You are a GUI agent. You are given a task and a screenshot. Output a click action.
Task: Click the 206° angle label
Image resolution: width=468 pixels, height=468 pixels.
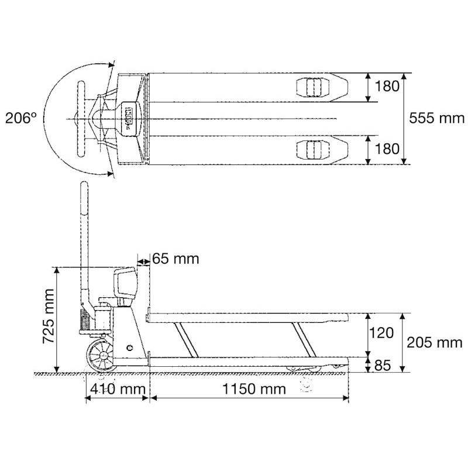click(x=22, y=118)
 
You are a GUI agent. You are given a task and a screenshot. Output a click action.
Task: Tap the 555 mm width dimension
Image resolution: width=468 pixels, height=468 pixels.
click(x=436, y=118)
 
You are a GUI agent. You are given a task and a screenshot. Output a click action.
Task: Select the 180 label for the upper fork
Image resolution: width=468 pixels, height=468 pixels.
click(x=387, y=87)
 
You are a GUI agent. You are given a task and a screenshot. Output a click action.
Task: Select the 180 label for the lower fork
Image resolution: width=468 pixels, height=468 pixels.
click(x=387, y=150)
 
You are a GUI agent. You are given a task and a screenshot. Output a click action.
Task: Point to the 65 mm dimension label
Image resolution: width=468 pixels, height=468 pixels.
click(x=175, y=258)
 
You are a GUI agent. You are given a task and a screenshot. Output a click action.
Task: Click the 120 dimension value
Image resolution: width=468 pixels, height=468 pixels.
click(x=382, y=333)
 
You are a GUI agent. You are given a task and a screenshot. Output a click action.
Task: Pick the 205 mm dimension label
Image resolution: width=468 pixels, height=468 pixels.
click(x=436, y=342)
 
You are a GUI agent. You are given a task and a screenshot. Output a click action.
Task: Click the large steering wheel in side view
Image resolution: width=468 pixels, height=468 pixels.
click(x=101, y=355)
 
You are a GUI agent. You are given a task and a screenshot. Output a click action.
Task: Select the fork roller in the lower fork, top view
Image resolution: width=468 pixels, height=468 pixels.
click(x=310, y=150)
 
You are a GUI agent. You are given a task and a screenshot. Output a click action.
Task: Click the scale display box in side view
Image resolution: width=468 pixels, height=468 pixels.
click(x=125, y=283)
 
